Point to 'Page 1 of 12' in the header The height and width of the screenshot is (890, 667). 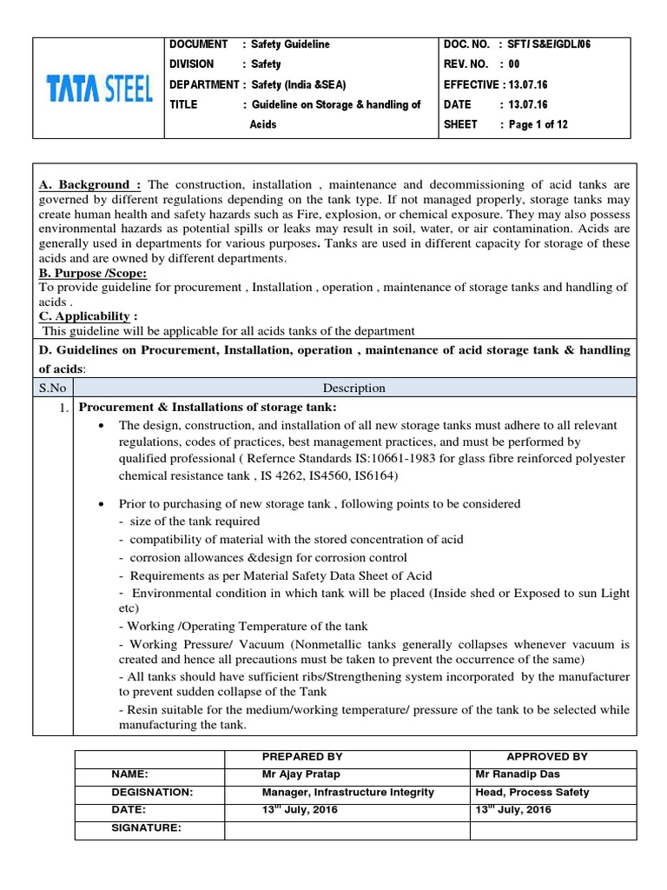[538, 124]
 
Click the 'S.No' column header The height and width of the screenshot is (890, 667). [54, 388]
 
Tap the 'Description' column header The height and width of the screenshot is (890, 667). [354, 388]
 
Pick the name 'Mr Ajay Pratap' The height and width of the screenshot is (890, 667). [298, 774]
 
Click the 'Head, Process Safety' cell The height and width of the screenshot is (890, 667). [532, 792]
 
